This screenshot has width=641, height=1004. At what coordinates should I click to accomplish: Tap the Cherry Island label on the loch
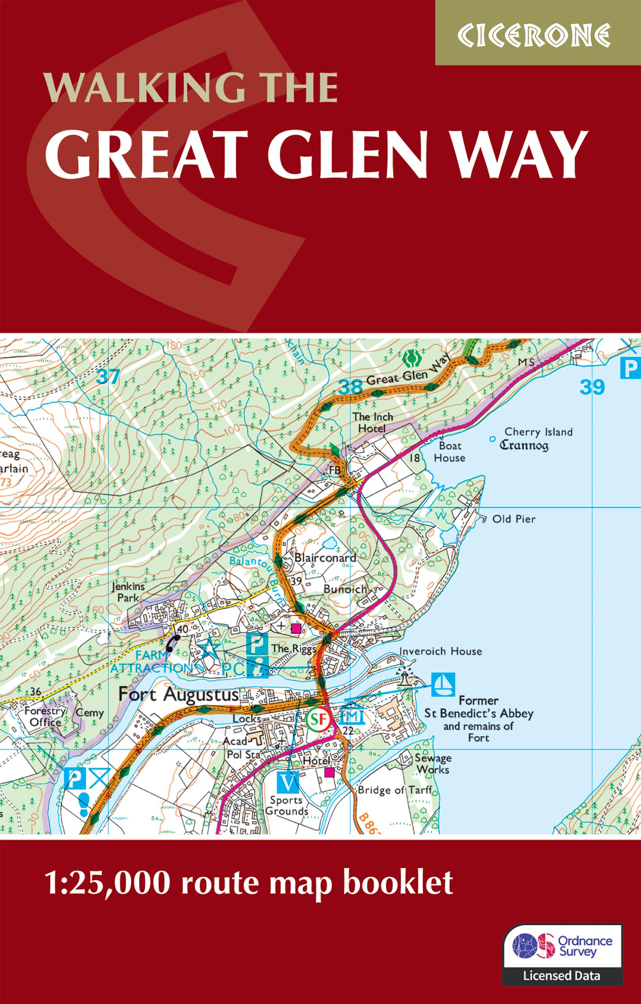tap(538, 432)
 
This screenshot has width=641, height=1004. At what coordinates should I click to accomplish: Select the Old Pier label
tap(514, 519)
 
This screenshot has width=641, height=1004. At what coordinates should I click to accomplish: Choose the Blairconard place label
tap(325, 558)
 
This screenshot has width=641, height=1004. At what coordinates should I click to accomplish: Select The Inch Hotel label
tap(372, 422)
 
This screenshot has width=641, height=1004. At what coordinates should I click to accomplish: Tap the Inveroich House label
tap(441, 651)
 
